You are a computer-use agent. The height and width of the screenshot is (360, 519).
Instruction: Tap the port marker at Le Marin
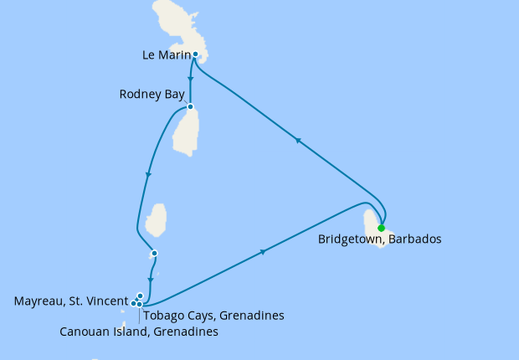(195, 55)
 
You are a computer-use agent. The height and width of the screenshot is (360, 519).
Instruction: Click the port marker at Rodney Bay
(191, 107)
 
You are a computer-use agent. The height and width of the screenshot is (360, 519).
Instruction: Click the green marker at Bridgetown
(381, 228)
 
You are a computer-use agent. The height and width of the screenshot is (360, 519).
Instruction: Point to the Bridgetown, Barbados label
(379, 239)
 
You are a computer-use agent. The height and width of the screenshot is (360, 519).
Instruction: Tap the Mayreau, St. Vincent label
(70, 300)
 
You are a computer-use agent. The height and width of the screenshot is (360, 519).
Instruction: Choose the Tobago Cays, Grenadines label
(213, 316)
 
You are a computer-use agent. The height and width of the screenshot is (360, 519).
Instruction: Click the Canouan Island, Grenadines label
(139, 332)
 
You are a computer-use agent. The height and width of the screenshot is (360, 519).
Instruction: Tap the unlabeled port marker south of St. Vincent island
(154, 254)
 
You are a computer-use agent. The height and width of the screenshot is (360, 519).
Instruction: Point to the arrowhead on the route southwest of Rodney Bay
(148, 174)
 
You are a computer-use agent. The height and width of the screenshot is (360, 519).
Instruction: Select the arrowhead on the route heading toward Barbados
(265, 251)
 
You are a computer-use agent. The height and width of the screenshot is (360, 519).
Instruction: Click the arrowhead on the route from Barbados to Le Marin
(297, 141)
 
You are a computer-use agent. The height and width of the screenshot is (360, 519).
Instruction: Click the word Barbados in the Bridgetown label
(414, 239)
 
